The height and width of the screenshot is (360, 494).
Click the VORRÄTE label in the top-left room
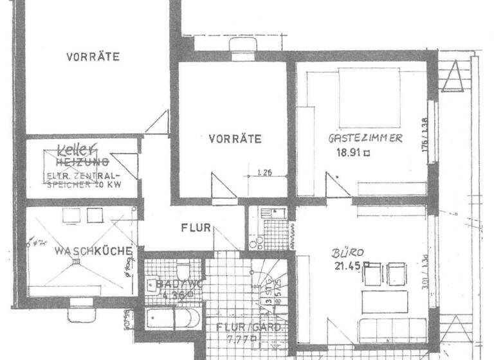[x=93, y=57]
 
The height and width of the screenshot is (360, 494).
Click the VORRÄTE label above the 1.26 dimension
[x=235, y=138]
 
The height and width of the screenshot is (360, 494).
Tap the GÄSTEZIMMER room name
[x=365, y=138]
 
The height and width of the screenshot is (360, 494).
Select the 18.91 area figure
[x=347, y=153]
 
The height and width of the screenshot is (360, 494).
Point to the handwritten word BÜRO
[x=345, y=253]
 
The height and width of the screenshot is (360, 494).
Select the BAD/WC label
[x=170, y=283]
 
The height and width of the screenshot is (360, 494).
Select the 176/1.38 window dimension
[x=424, y=132]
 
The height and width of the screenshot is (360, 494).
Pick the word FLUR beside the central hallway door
[x=192, y=227]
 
